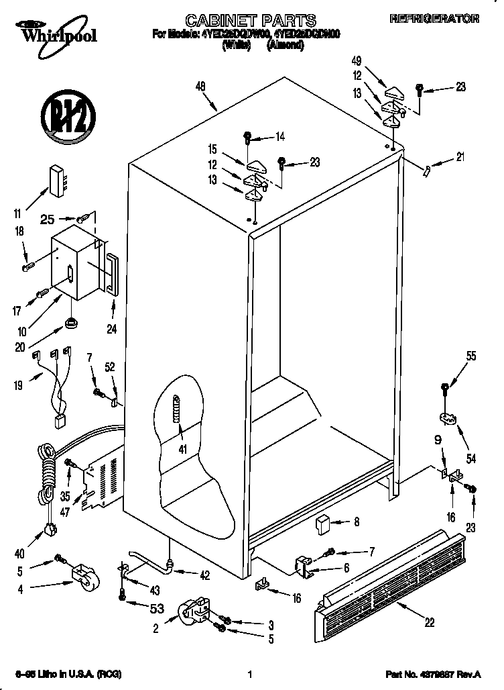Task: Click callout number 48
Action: click(200, 86)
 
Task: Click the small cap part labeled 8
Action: click(323, 522)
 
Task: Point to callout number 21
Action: click(459, 158)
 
